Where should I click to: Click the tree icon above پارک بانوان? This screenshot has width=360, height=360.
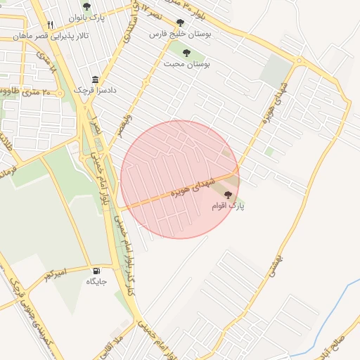click(86, 6)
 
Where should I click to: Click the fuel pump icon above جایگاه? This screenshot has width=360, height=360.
click(96, 270)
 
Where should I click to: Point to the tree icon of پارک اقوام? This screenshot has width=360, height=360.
click(228, 195)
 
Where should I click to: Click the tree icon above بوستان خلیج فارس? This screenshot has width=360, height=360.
click(181, 22)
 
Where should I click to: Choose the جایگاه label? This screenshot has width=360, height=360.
click(96, 281)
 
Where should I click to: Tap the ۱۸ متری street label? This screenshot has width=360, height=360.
click(49, 65)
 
